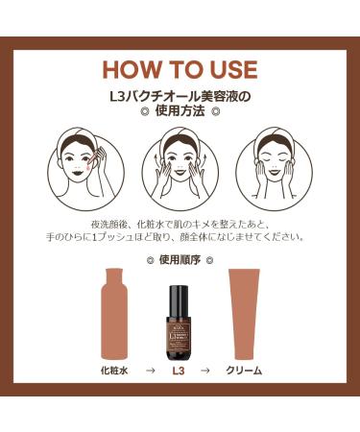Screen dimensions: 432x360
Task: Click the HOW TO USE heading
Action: tap(180, 70)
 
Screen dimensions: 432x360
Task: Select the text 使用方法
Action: tap(180, 111)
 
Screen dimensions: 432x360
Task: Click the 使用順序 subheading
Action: tap(180, 259)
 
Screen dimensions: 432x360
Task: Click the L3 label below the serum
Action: tap(180, 369)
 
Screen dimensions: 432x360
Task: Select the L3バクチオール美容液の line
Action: tap(180, 96)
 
